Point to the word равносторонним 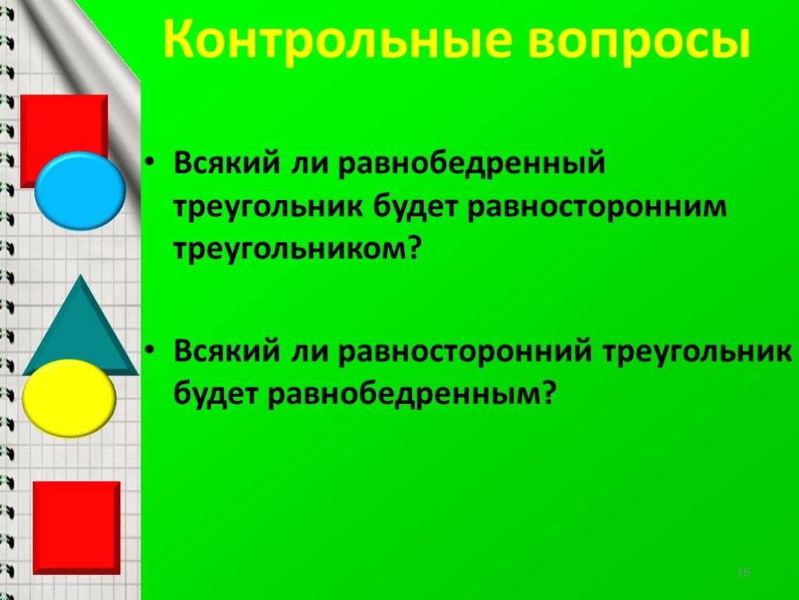596,207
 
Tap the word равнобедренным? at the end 410,393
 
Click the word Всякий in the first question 227,163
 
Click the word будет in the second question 215,393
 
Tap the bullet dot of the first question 148,161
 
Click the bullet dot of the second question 148,349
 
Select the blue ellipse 80,191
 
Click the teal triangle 80,331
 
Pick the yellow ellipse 69,398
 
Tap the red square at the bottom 76,528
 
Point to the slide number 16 744,573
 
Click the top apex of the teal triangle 80,275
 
